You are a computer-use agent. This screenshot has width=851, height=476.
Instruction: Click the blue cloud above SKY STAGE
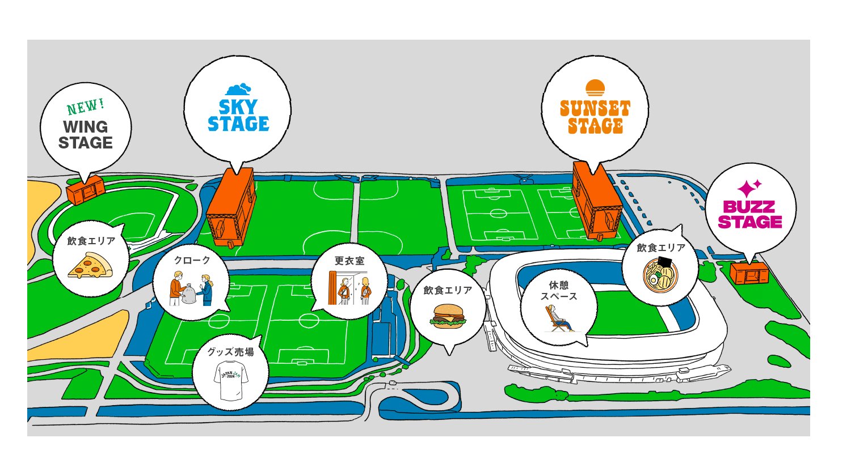(x=238, y=89)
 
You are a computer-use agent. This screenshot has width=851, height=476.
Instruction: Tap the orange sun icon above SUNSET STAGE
(x=595, y=88)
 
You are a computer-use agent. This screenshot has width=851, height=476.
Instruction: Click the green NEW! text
(x=86, y=107)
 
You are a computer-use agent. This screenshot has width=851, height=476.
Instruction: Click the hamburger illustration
(x=449, y=316)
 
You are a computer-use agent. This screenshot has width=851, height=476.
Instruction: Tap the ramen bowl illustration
(x=660, y=275)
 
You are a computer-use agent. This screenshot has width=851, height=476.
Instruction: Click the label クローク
(x=192, y=260)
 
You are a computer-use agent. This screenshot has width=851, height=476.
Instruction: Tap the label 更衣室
(x=349, y=261)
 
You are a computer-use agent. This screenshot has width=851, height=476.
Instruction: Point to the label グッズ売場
(x=230, y=352)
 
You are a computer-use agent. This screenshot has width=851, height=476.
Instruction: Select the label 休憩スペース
(x=559, y=291)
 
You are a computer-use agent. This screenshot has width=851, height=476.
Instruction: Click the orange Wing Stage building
(x=86, y=190)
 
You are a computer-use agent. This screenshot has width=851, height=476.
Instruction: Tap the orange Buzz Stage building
(x=749, y=274)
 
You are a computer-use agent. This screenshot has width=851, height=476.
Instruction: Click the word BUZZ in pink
(x=749, y=207)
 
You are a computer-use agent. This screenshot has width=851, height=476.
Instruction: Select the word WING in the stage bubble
(x=85, y=126)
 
